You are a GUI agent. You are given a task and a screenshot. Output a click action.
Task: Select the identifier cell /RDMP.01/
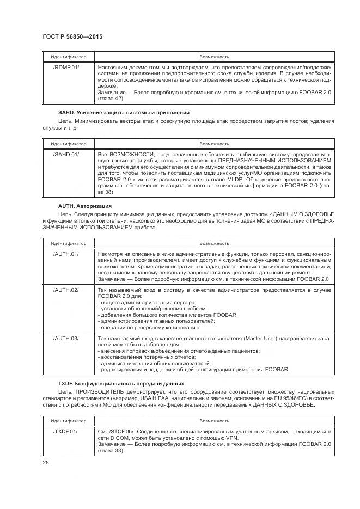coord(65,68)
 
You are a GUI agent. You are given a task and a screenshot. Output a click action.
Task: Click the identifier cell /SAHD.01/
coord(65,155)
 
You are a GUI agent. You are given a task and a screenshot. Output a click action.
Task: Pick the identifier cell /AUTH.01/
coord(65,254)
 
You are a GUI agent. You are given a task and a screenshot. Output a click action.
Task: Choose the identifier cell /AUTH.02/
coord(65,290)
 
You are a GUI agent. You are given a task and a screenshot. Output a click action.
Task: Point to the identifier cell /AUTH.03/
coord(65,338)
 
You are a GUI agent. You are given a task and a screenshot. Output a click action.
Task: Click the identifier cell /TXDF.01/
coord(65,431)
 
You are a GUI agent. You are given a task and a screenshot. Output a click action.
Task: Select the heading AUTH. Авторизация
coord(84,206)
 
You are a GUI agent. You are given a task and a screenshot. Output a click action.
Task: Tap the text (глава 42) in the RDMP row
coord(110,99)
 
